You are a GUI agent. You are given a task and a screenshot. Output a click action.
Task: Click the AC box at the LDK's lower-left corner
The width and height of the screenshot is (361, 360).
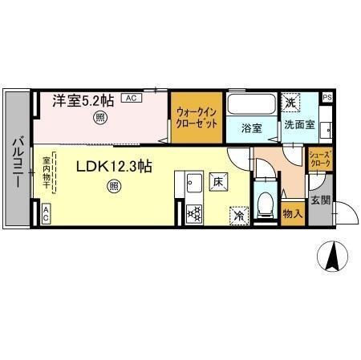coord(46,212)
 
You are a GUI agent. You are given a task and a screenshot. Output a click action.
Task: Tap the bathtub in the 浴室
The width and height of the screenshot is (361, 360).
coord(250,104)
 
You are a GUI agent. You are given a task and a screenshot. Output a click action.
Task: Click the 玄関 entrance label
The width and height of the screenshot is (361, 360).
coord(319,200)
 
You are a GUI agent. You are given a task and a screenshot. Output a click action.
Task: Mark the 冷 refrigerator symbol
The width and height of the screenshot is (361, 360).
coord(239,214)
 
